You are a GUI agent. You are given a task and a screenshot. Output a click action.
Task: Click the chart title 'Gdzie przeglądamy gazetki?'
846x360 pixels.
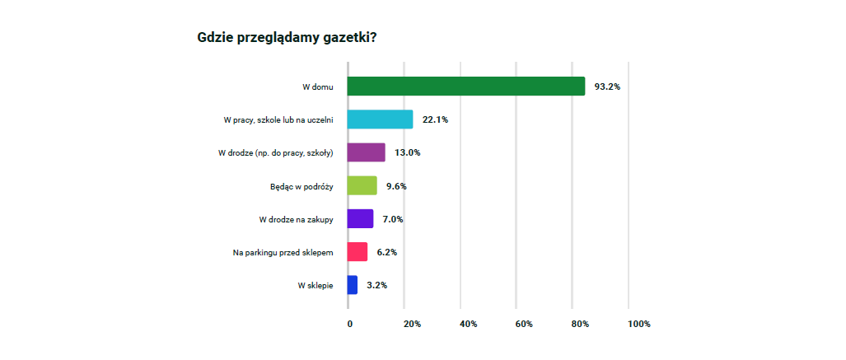(288, 37)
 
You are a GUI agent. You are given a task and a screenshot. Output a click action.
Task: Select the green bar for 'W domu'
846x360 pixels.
(465, 86)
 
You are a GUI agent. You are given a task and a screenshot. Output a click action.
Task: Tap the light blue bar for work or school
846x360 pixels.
(380, 119)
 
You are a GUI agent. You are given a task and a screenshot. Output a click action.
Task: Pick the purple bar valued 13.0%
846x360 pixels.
(367, 152)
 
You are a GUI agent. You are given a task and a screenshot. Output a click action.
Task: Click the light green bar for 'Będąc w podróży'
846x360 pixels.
(362, 185)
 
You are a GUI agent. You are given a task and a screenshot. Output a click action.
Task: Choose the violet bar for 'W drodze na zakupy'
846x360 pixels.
(360, 218)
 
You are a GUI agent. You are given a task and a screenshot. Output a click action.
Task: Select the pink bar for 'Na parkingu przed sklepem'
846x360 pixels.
(358, 251)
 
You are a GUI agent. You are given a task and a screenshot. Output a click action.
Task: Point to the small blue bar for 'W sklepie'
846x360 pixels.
(353, 285)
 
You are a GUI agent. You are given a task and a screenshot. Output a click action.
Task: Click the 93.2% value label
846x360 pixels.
(607, 86)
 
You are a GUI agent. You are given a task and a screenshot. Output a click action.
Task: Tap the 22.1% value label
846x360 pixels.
(435, 119)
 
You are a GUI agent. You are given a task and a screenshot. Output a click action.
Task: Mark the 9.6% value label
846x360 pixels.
(396, 186)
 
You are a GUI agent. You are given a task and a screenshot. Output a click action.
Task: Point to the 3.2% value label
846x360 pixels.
(376, 285)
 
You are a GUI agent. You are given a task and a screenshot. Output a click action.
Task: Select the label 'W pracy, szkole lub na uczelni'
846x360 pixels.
(278, 119)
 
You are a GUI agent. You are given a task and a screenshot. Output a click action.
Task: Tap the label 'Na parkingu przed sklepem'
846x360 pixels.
(283, 251)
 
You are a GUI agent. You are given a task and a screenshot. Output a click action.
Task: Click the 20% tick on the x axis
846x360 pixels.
(412, 324)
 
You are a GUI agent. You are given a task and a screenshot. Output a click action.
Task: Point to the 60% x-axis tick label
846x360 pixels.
(524, 324)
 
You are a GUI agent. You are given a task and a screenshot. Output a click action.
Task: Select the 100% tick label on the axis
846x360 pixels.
(638, 324)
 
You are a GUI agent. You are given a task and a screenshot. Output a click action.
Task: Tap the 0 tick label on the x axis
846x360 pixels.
(350, 324)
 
